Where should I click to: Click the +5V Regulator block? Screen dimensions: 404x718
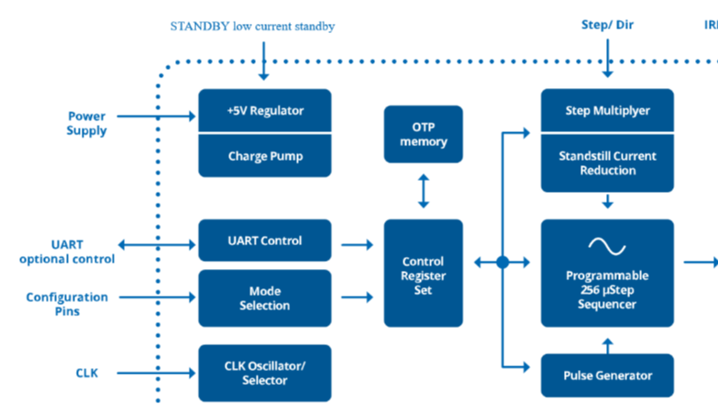pyautogui.click(x=265, y=111)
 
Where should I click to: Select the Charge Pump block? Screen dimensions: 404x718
pyautogui.click(x=265, y=156)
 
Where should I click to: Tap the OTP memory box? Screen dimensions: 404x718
pyautogui.click(x=424, y=134)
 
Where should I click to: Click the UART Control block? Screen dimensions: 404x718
pyautogui.click(x=265, y=241)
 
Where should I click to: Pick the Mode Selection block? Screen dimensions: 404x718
pyautogui.click(x=265, y=297)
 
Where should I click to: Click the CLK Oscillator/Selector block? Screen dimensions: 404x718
pyautogui.click(x=265, y=373)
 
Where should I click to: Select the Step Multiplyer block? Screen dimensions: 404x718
pyautogui.click(x=607, y=111)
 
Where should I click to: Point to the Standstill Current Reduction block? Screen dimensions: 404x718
pyautogui.click(x=607, y=163)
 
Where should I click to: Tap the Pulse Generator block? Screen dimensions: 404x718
pyautogui.click(x=607, y=375)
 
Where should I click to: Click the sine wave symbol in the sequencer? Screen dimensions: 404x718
pyautogui.click(x=607, y=245)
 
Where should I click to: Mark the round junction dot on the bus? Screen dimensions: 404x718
pyautogui.click(x=503, y=263)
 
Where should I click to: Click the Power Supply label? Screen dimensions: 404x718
pyautogui.click(x=87, y=123)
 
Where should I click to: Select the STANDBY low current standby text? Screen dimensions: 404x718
pyautogui.click(x=252, y=27)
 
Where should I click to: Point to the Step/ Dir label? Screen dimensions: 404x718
pyautogui.click(x=607, y=25)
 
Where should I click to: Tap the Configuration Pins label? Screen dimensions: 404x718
pyautogui.click(x=67, y=304)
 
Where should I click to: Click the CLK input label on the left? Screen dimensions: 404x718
pyautogui.click(x=87, y=373)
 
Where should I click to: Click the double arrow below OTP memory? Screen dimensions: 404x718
pyautogui.click(x=424, y=191)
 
